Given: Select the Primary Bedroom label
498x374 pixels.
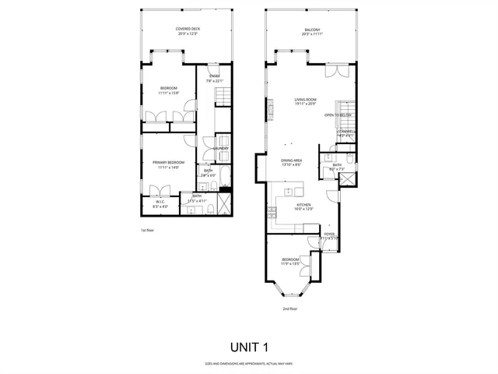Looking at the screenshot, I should tap(168, 164).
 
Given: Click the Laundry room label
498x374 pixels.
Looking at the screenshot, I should tap(221, 148).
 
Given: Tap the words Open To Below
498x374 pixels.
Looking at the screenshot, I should tap(338, 115).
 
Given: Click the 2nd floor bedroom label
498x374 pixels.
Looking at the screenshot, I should tap(290, 261).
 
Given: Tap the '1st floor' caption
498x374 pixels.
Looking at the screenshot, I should tap(147, 231).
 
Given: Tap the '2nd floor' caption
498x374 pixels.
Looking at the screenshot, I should tap(290, 309).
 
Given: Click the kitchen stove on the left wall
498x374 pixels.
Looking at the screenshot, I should tap(274, 209).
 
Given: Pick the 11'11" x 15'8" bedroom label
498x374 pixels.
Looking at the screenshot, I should tap(168, 90).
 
